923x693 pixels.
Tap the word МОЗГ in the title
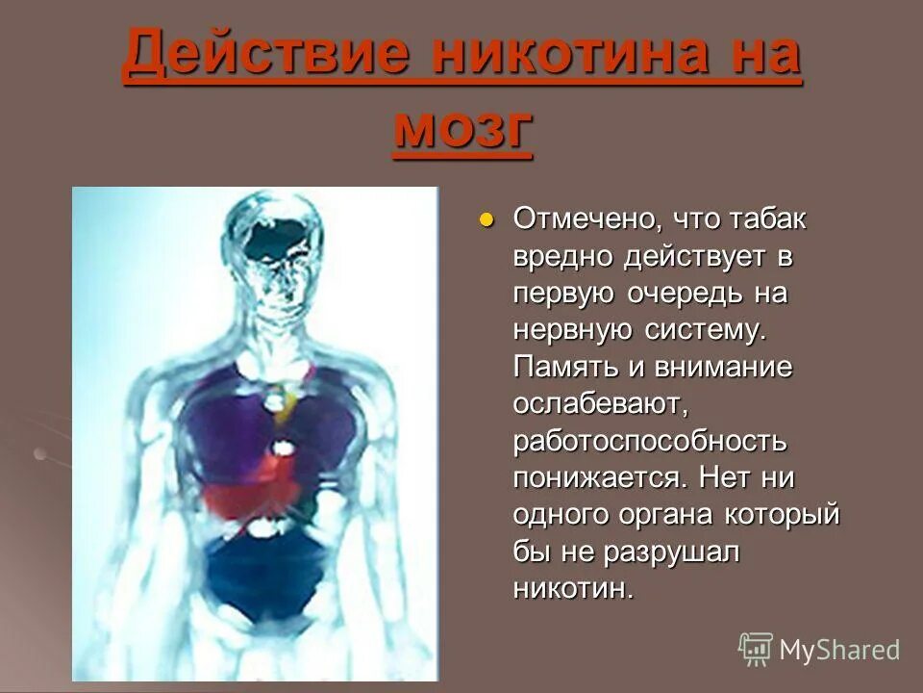(461, 129)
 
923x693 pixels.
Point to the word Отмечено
(583, 219)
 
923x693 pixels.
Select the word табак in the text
(766, 219)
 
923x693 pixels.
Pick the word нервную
(568, 330)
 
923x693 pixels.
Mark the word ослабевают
(598, 403)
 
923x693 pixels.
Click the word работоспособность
(651, 441)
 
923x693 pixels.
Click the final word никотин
(574, 587)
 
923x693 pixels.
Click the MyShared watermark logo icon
(756, 650)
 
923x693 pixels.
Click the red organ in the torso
(252, 491)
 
